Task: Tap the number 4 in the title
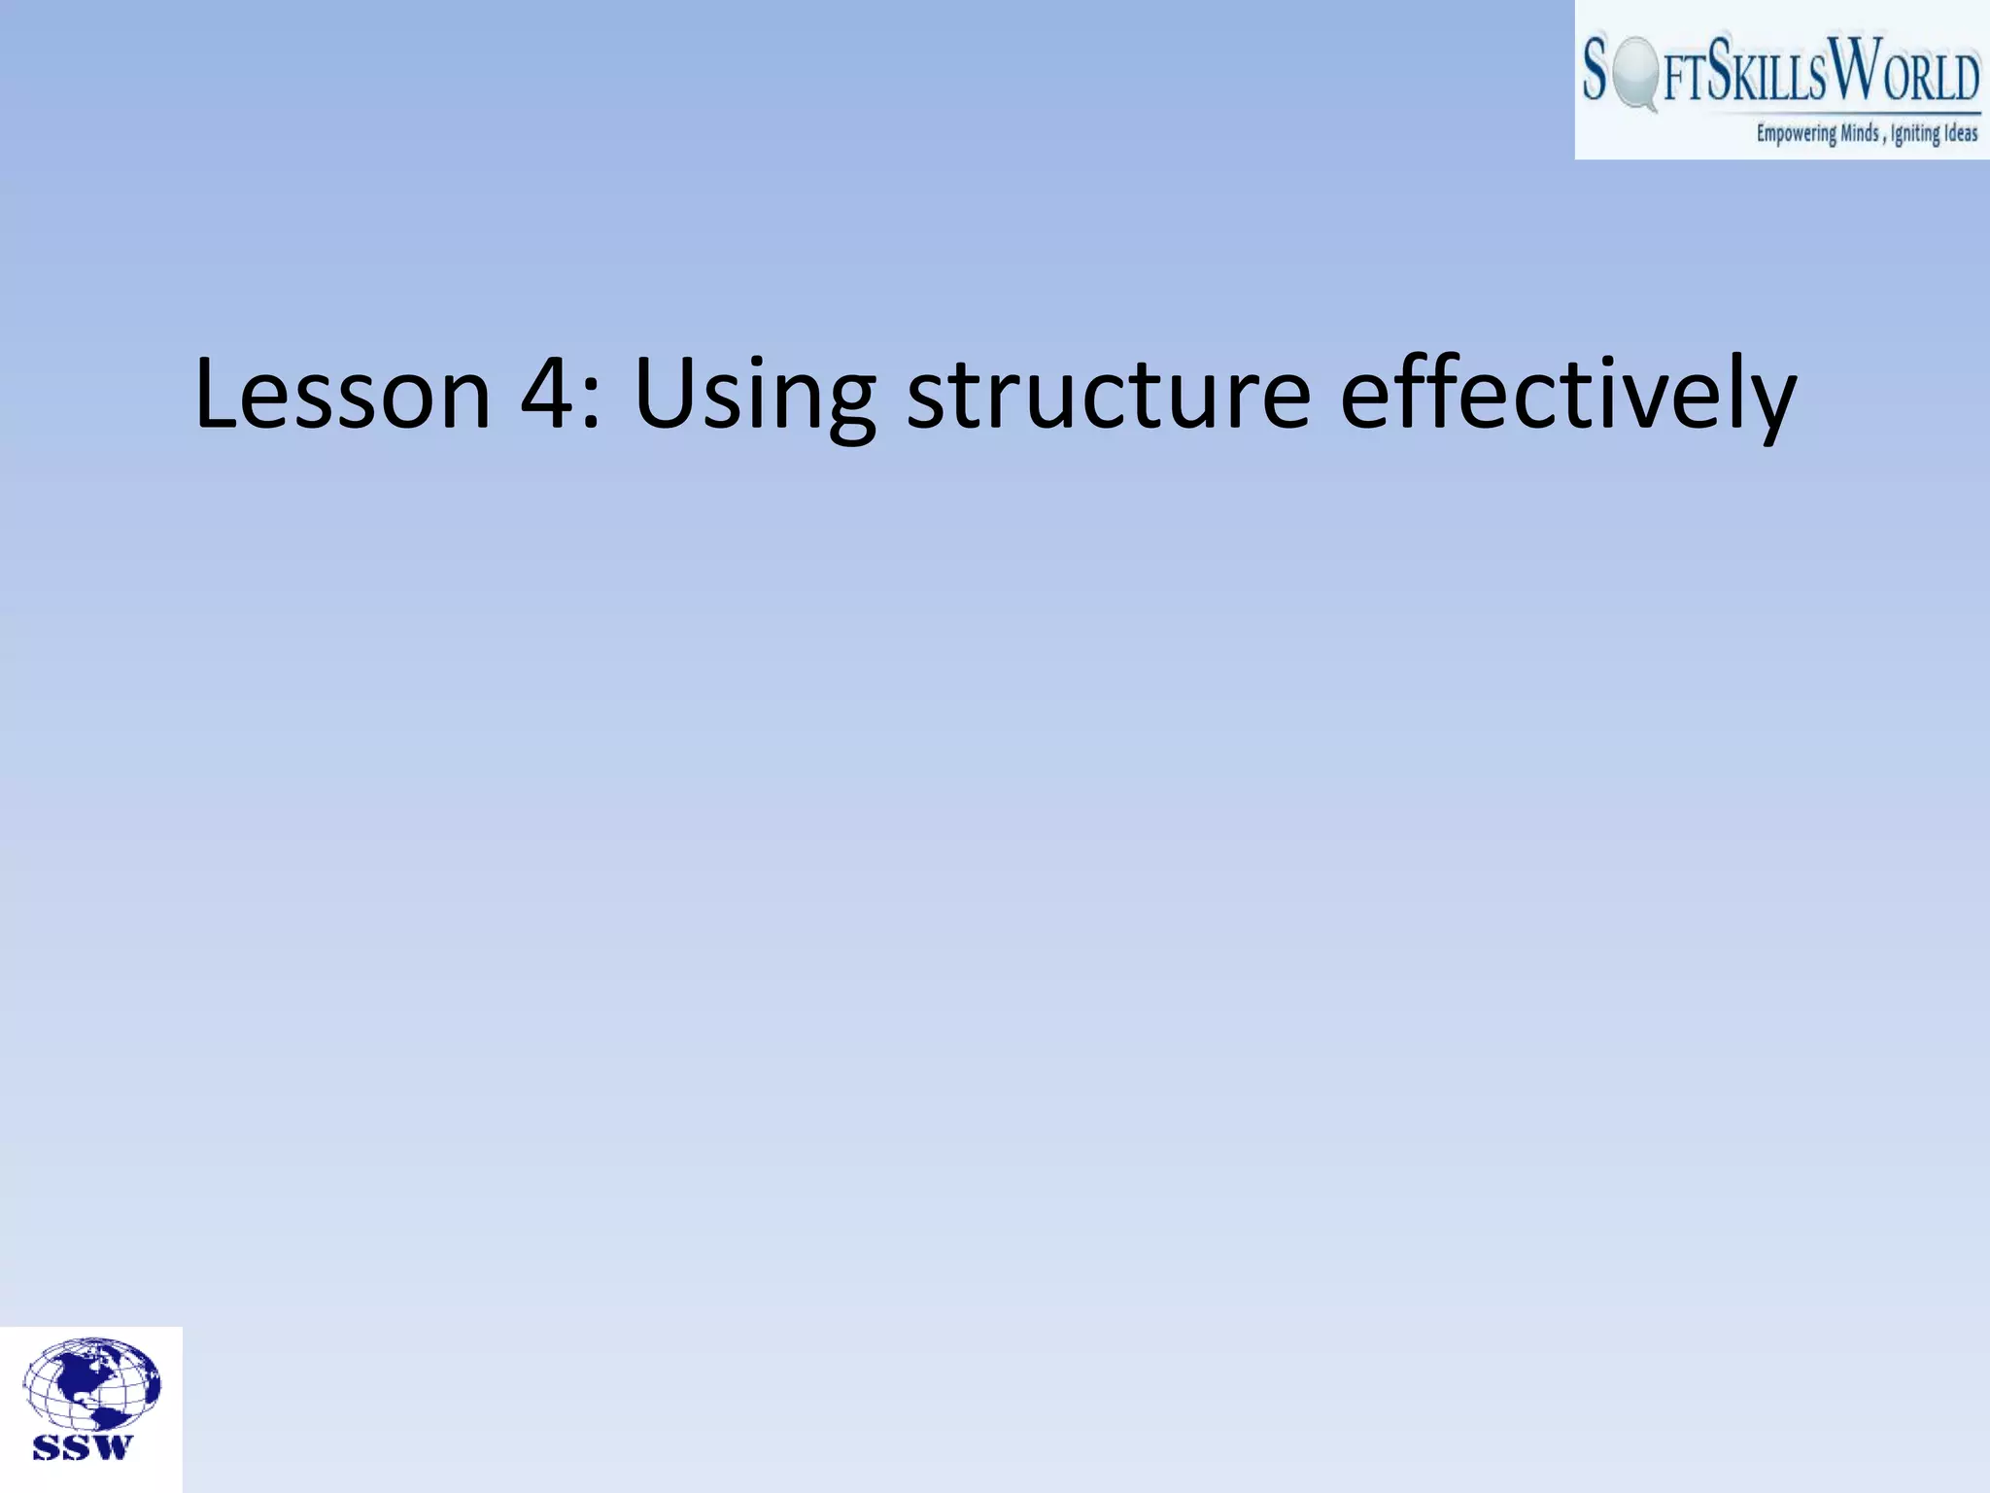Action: click(x=549, y=394)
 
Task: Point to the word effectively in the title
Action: click(x=1567, y=394)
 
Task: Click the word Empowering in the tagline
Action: click(x=1796, y=134)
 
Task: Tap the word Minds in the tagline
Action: click(x=1860, y=133)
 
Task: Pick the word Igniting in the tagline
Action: click(x=1914, y=134)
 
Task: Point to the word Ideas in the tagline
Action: click(x=1961, y=133)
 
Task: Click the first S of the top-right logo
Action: click(x=1595, y=70)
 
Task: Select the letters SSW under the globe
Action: click(x=84, y=1448)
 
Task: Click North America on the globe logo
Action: click(x=82, y=1376)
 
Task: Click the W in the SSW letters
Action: click(x=115, y=1448)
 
